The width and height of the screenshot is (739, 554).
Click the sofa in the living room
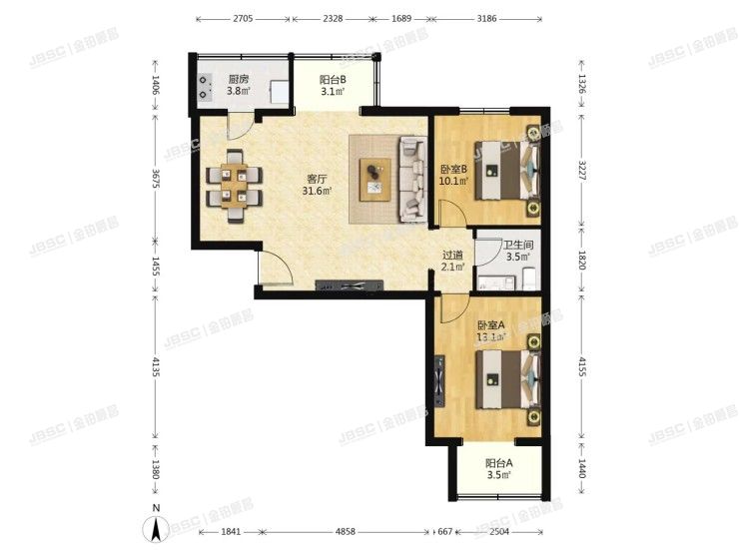(x=411, y=180)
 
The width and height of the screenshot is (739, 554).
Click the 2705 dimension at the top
(x=243, y=19)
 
